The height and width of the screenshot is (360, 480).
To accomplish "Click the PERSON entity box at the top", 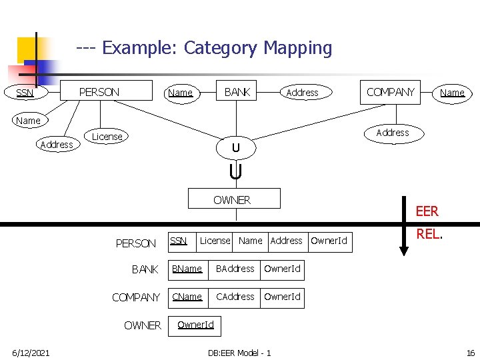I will [99, 91].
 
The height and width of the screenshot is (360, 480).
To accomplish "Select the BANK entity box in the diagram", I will [237, 91].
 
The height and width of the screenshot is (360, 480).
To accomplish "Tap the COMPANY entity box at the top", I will [391, 91].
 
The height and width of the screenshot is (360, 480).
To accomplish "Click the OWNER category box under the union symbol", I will [232, 199].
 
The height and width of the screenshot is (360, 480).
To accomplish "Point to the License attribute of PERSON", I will [107, 137].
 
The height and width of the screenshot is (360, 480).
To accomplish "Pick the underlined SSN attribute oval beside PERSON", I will [25, 93].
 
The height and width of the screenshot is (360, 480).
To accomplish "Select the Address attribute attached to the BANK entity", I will [302, 93].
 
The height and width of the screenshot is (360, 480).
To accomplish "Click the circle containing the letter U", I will [235, 147].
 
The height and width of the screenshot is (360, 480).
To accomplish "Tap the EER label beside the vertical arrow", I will [427, 211].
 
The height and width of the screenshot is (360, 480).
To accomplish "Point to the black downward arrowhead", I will [403, 250].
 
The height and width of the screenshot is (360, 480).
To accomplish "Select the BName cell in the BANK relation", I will [187, 269].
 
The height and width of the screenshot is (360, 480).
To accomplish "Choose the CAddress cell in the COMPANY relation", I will [235, 297].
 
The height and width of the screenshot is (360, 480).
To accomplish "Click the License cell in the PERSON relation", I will [215, 241].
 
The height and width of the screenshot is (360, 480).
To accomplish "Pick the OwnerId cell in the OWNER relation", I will [195, 325].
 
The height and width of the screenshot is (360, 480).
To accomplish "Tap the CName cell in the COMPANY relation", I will [187, 297].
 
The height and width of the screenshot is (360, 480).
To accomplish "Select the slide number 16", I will [470, 352].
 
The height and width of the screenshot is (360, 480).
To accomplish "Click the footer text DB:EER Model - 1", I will [239, 352].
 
